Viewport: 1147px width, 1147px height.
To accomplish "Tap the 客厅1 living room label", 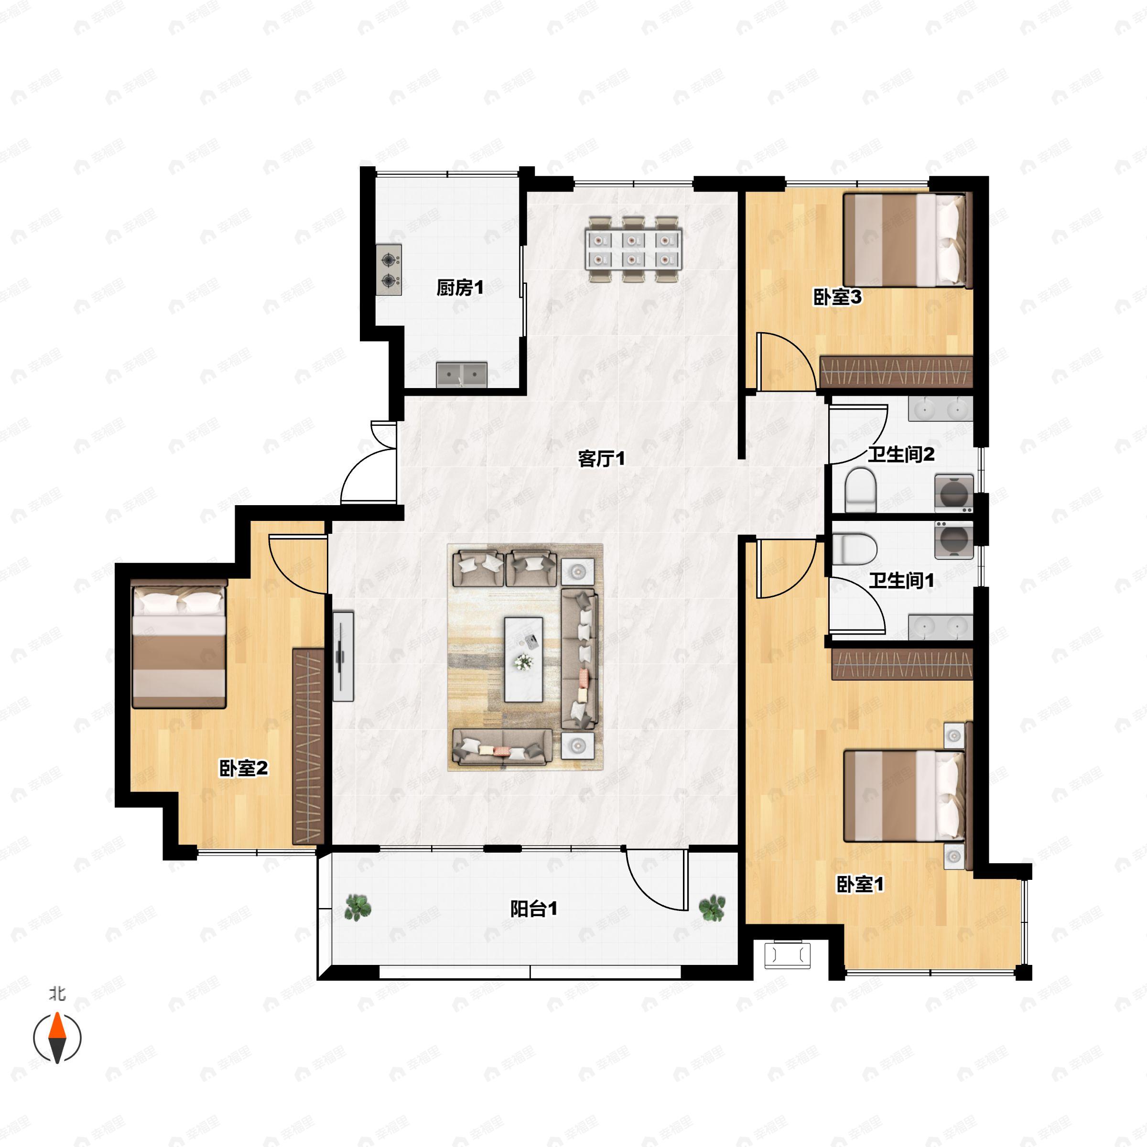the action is click(x=601, y=458).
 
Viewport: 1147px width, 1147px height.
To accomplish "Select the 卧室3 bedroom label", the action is click(x=837, y=297).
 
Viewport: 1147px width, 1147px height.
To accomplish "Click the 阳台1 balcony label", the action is click(x=534, y=909).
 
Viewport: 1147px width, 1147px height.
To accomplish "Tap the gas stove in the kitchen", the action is click(x=389, y=270).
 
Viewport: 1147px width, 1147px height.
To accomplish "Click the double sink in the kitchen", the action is click(x=462, y=375).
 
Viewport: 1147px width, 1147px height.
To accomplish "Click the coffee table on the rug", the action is click(x=524, y=659).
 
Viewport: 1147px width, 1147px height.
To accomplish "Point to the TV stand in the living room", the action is click(x=343, y=657).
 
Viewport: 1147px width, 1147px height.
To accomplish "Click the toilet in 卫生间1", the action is click(x=855, y=549).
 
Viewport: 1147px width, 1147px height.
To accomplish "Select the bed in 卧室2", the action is click(x=179, y=644).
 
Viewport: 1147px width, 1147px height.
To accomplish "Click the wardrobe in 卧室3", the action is click(x=896, y=372).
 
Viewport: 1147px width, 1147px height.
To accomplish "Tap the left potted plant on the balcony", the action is click(x=358, y=908).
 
